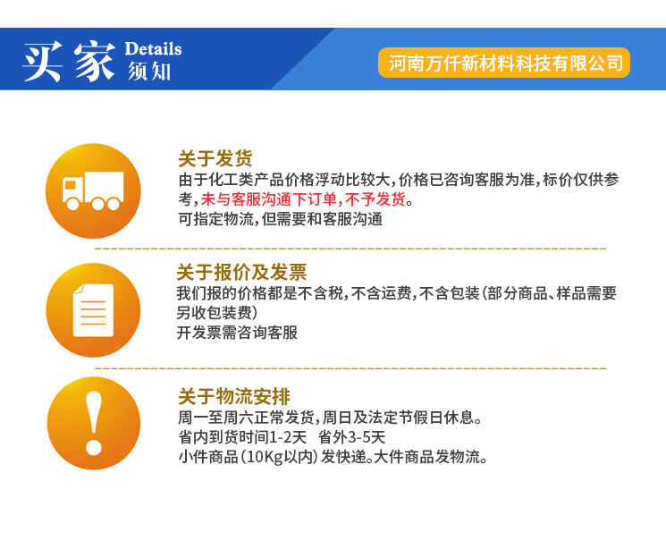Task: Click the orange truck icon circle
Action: pos(93,190)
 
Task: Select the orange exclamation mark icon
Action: pos(93,423)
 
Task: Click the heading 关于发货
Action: pos(215,159)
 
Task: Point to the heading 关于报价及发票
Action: pos(241,273)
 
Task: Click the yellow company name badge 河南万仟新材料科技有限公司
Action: pos(505,63)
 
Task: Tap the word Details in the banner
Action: pos(153,48)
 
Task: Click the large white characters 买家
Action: pos(70,61)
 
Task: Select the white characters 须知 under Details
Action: pos(149,72)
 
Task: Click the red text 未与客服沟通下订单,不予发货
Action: pos(302,199)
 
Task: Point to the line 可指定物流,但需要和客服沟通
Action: pos(280,219)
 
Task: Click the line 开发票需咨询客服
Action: pos(237,333)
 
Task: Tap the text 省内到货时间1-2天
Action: pos(242,437)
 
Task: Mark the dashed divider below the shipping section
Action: pos(350,247)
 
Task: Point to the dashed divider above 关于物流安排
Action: pos(350,367)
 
